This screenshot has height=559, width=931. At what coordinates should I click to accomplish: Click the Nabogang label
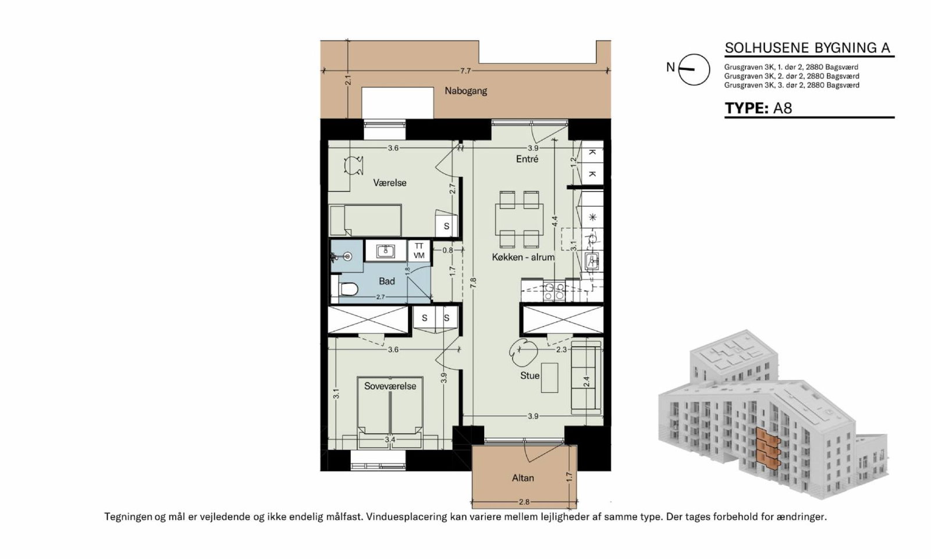point(465,91)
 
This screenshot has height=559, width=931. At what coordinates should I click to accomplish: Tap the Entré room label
point(527,159)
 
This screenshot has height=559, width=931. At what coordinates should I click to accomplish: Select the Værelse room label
point(389,183)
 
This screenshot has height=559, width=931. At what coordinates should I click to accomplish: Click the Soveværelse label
point(390,386)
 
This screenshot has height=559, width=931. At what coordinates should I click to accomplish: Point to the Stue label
point(530,376)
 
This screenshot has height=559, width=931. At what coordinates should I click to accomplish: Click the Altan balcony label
point(523,478)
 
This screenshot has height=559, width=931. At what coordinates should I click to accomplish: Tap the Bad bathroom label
point(386,281)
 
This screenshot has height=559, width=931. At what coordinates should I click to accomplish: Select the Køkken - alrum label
point(523,257)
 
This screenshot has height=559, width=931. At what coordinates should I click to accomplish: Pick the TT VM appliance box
point(419,251)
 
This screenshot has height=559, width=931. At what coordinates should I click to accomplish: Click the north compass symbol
point(694,69)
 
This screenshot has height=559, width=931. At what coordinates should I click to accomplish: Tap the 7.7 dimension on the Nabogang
point(465,70)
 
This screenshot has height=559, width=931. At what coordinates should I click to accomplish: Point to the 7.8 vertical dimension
point(472,283)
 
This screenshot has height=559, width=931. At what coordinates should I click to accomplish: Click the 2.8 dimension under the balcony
point(524,502)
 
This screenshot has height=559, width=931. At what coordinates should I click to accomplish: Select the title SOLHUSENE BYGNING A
point(808,48)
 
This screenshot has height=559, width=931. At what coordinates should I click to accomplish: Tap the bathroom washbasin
point(386,251)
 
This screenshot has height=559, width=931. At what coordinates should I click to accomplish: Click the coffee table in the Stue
point(549,378)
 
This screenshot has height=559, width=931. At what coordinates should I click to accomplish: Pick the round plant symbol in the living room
point(523,352)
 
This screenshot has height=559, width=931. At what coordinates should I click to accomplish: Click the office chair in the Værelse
point(354,165)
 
